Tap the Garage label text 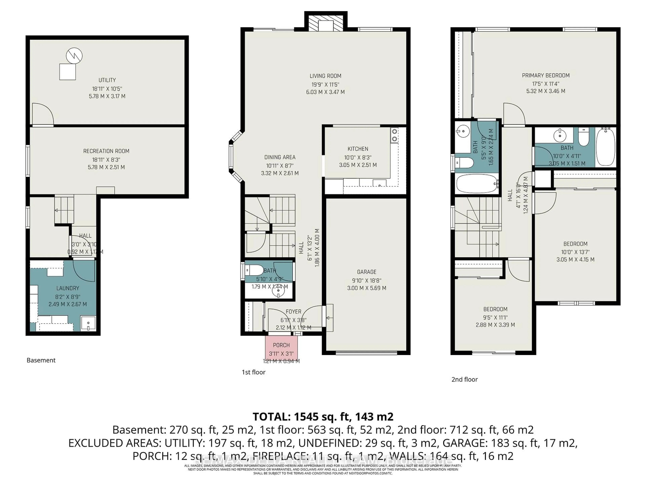367,272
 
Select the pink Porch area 281,349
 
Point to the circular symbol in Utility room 74,56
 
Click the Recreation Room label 106,151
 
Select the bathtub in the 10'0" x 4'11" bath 605,147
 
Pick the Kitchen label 358,149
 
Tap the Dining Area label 280,157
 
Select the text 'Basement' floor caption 41,360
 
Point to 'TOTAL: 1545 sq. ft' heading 323,417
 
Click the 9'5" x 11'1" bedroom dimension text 495,317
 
